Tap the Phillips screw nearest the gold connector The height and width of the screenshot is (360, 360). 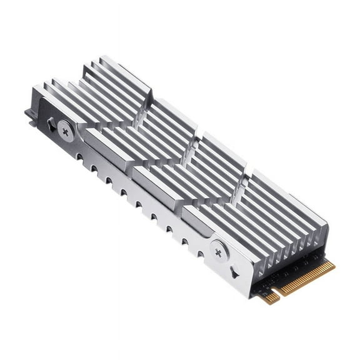(218, 252)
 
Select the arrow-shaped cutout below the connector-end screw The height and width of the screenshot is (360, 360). (234, 272)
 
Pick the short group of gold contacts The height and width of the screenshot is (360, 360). (270, 298)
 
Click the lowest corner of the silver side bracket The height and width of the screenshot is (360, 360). (252, 296)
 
